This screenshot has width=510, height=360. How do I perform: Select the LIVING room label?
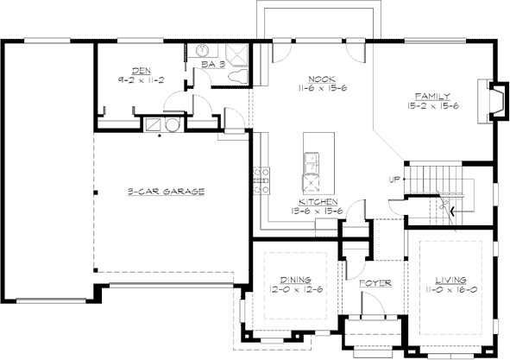click(451, 281)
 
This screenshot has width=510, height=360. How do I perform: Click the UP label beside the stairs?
click(395, 180)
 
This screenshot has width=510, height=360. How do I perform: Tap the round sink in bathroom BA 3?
click(202, 50)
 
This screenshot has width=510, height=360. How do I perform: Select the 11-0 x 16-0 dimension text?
click(451, 291)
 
